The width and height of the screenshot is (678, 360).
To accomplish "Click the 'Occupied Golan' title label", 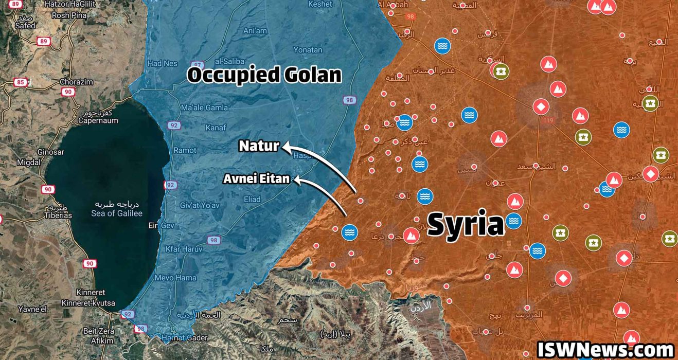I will [264, 75].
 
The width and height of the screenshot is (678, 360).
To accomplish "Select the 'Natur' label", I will [259, 146].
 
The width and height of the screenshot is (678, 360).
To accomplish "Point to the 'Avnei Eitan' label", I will [256, 179].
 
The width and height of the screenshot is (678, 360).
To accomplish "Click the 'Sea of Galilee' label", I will [117, 213].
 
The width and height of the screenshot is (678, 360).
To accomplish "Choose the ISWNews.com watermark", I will [605, 350].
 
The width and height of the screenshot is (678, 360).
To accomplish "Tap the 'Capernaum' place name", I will [98, 121].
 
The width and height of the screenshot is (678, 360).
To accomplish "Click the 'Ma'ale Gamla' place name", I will [204, 107].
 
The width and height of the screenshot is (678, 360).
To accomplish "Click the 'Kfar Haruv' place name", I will [184, 249].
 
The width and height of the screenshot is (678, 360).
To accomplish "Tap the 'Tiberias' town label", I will [58, 215].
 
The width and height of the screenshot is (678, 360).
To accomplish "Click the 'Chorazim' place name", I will [76, 82].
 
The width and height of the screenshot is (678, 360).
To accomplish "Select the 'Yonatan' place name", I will [308, 50].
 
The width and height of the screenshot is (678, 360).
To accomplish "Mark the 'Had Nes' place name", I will [162, 64].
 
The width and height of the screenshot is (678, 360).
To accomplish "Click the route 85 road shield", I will [21, 82].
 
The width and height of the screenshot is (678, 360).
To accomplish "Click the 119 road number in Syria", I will [546, 120].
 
